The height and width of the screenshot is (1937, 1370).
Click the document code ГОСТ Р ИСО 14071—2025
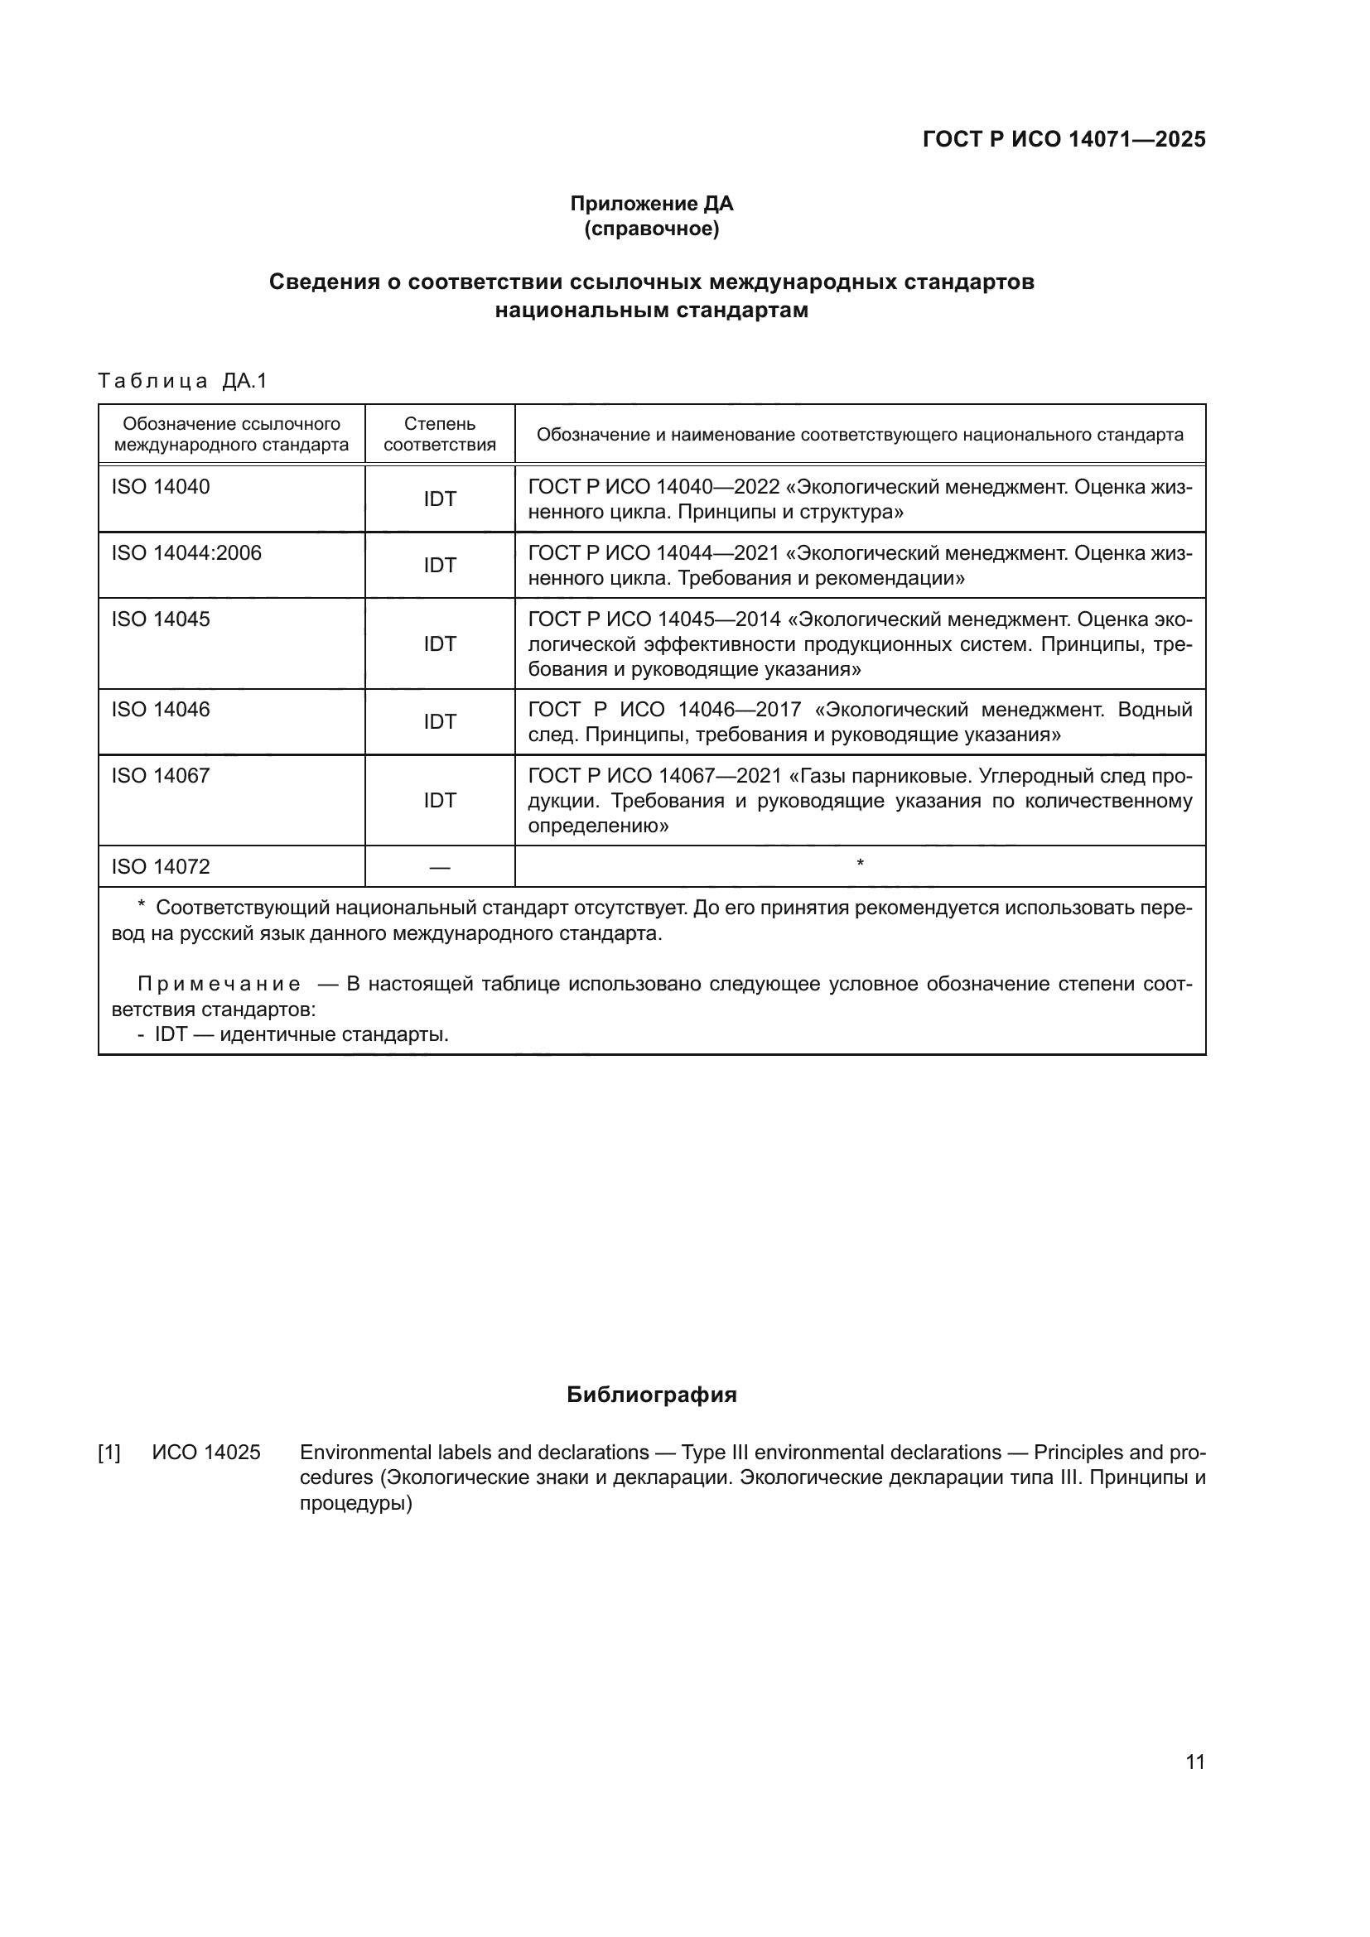[x=1064, y=139]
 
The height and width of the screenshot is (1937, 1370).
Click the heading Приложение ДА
[x=651, y=204]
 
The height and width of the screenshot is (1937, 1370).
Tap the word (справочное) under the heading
[x=651, y=229]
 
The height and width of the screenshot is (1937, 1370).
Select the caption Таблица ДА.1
[x=182, y=381]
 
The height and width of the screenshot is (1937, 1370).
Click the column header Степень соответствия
[x=440, y=435]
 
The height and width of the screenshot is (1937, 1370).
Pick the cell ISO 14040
[x=162, y=487]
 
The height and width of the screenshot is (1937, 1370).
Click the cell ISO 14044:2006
[x=186, y=553]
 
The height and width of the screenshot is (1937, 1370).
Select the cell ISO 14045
[x=162, y=619]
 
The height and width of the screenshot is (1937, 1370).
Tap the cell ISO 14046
[x=162, y=710]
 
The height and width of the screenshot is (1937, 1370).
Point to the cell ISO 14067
[x=162, y=776]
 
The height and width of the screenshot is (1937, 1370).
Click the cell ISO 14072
[x=162, y=867]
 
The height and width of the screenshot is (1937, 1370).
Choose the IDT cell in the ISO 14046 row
[x=440, y=722]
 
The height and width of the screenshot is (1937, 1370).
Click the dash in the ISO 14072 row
[x=440, y=867]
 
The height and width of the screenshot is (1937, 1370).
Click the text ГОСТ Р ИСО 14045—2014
[x=654, y=620]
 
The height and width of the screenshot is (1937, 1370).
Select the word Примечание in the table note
[x=219, y=985]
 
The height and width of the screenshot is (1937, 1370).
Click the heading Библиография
[x=651, y=1395]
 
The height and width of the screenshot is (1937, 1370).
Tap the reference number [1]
[x=109, y=1453]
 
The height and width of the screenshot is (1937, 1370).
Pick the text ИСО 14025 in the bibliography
[x=207, y=1453]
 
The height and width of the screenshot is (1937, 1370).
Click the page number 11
[x=1194, y=1761]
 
